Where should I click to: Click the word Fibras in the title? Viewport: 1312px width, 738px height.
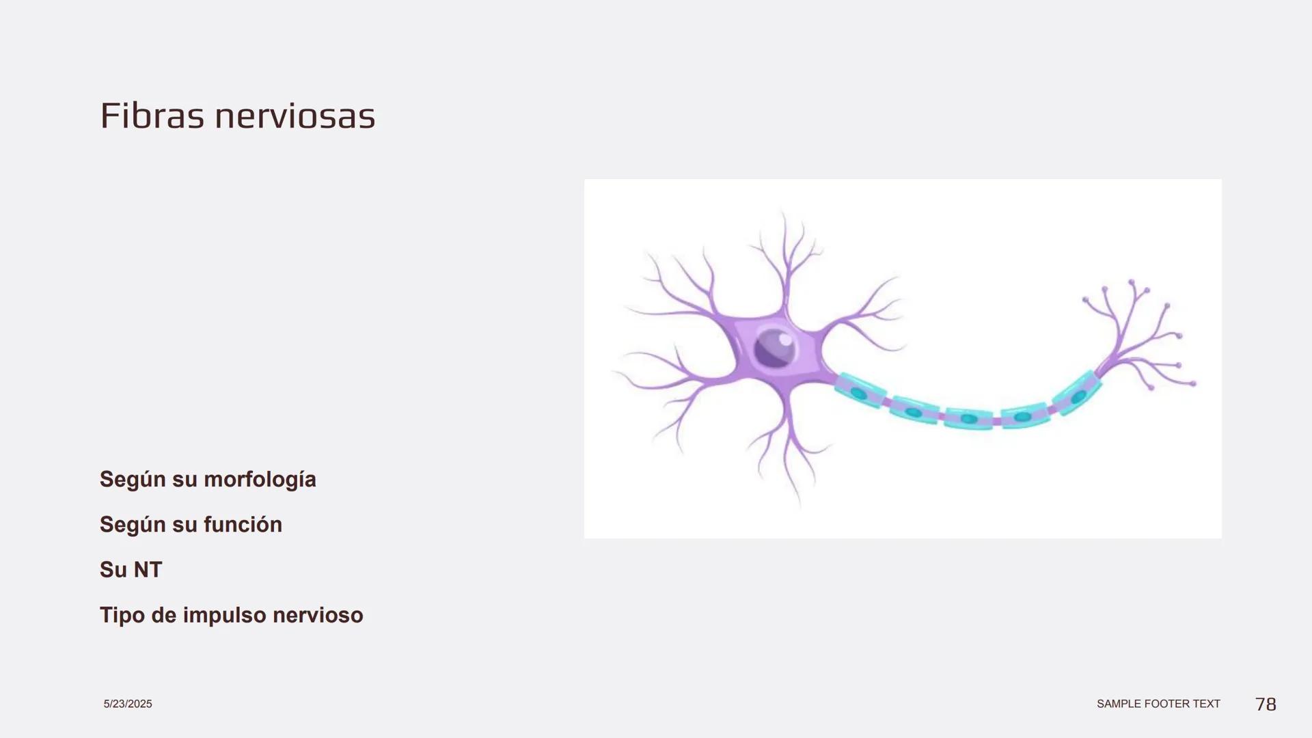coord(152,115)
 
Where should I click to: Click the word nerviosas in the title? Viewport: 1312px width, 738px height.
coord(295,115)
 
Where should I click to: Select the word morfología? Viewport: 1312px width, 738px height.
coord(260,480)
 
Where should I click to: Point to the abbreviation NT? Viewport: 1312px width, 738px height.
coord(148,570)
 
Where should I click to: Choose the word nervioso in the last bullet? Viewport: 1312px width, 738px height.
coord(318,615)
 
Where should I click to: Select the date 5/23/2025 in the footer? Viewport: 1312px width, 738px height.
coord(128,704)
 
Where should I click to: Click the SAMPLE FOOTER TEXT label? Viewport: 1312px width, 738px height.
coord(1158,704)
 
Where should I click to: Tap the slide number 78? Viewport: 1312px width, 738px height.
coord(1266,705)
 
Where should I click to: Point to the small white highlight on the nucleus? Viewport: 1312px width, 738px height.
coord(785,339)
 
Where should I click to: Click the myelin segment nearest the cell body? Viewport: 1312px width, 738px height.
coord(860,392)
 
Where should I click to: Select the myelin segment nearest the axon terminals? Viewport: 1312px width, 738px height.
coord(1077,393)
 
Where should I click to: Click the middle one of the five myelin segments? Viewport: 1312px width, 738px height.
coord(969,418)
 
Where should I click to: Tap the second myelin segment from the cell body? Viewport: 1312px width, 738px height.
coord(914,410)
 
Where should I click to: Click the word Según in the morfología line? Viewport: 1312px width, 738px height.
coord(133,480)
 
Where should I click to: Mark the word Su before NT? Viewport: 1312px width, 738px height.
coord(113,570)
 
